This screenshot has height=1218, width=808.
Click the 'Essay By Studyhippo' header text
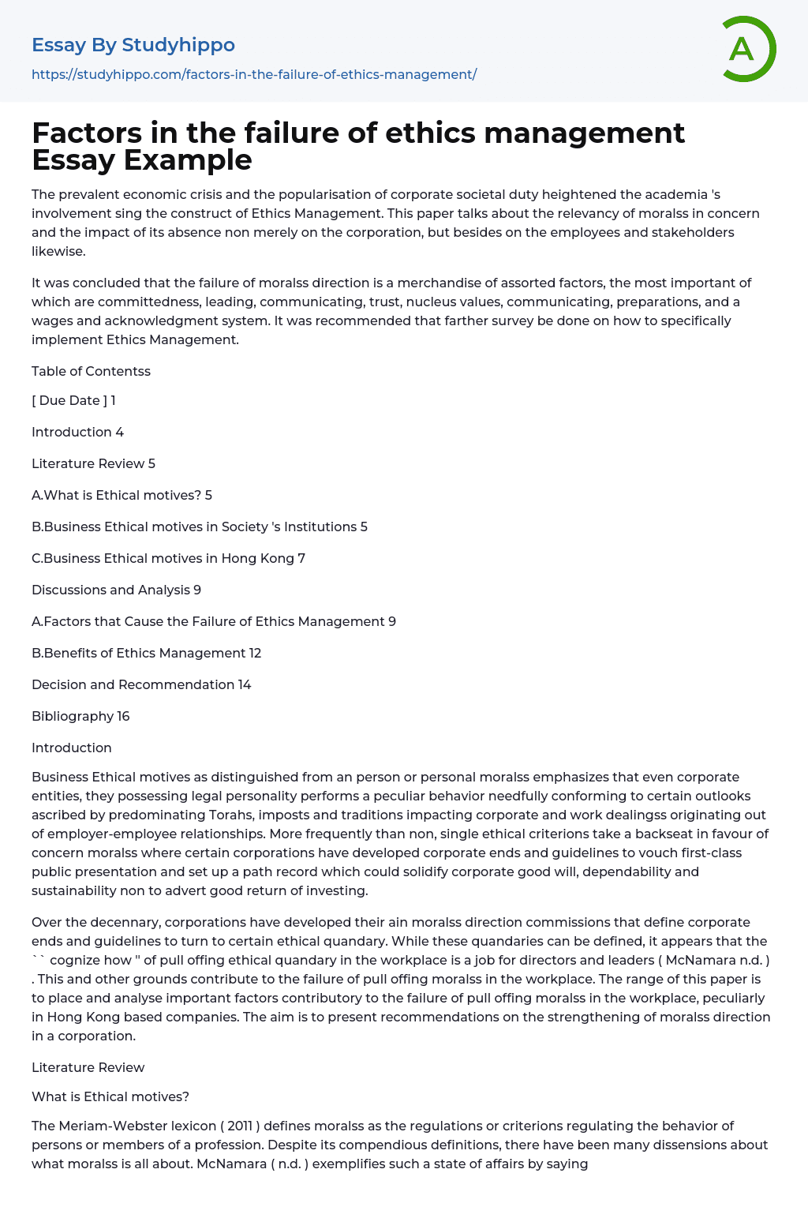tap(133, 45)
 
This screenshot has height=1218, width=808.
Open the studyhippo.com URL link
tap(254, 74)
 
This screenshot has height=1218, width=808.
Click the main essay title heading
tap(358, 146)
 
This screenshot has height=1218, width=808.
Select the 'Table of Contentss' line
tap(91, 371)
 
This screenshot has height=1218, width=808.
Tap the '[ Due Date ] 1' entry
tap(73, 400)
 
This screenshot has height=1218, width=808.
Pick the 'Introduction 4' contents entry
tap(77, 432)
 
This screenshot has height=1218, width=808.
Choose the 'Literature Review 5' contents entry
tap(93, 463)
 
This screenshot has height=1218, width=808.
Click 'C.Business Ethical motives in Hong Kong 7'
tap(168, 558)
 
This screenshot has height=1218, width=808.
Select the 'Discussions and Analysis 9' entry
tap(116, 590)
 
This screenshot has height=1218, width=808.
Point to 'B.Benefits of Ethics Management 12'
tap(146, 653)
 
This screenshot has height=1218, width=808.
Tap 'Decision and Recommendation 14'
tap(141, 684)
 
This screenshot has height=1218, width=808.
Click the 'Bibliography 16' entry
tap(80, 716)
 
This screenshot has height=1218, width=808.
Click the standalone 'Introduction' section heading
tap(72, 748)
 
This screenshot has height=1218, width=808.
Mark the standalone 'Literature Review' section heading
tap(88, 1067)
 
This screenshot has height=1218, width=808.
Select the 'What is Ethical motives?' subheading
tap(110, 1096)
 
